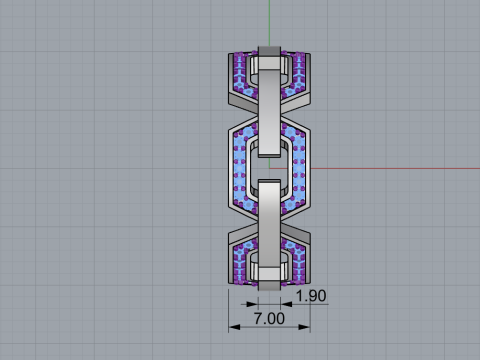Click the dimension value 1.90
point(312,296)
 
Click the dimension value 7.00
point(268,317)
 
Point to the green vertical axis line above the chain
point(268,20)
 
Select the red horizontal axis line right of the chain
point(400,167)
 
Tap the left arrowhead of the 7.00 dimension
point(232,327)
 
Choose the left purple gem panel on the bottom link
point(240,262)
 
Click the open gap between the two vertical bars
point(268,167)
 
